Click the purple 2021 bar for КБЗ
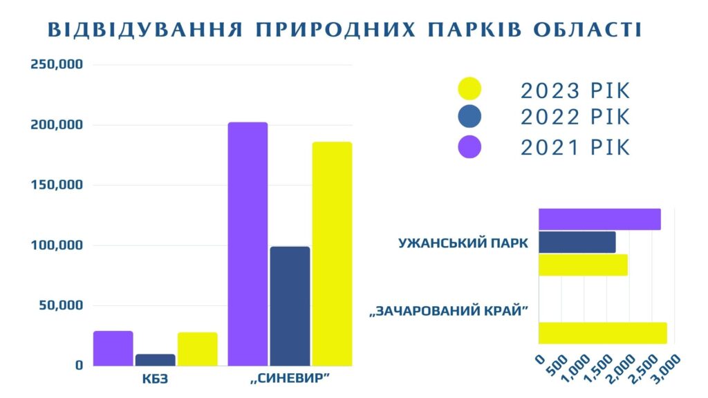[113, 348]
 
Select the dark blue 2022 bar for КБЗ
[156, 360]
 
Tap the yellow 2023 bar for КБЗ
[197, 349]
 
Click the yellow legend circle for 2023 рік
[469, 89]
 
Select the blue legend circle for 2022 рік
[469, 117]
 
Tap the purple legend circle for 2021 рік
[469, 147]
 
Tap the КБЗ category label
[155, 379]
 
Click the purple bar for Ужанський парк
[599, 219]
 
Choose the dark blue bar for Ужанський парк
[576, 242]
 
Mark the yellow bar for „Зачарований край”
[602, 332]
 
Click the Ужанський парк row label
[463, 243]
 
